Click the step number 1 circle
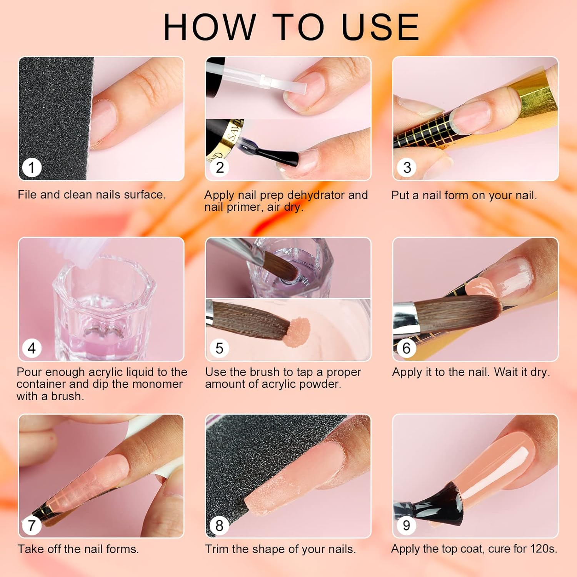32,167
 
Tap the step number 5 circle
219,348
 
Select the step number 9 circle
406,525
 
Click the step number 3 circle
407,167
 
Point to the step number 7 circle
32,525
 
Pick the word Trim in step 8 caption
216,549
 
